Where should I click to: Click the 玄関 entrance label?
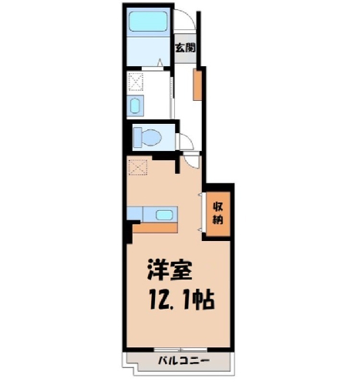click(185, 48)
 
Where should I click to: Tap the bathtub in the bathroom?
click(148, 22)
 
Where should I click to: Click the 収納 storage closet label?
click(217, 213)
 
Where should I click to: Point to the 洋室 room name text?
click(170, 269)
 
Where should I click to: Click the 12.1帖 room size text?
click(181, 300)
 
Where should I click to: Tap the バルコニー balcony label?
click(183, 361)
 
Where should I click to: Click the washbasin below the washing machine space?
click(135, 106)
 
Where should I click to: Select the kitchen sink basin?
click(164, 215)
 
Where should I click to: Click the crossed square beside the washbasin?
click(136, 82)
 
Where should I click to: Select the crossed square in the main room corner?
click(138, 167)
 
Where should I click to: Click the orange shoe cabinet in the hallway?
click(197, 85)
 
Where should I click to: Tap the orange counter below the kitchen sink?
click(155, 228)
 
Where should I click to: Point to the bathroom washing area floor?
click(148, 52)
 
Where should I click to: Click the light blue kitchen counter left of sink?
click(135, 213)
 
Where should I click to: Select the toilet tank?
click(137, 138)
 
